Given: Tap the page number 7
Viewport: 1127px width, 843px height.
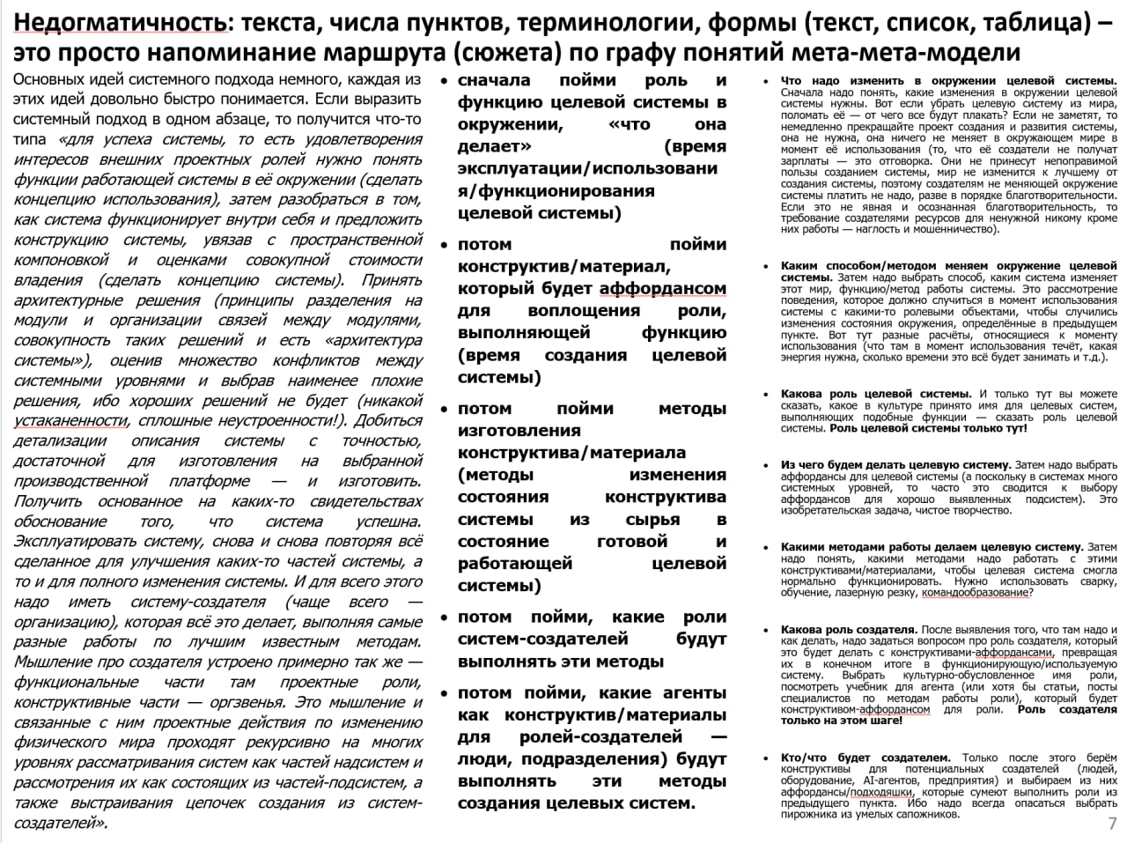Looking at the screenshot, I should (1112, 825).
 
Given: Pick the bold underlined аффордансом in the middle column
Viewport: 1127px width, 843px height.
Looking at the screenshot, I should (663, 289).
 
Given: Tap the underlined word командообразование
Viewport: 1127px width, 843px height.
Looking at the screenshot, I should (974, 593).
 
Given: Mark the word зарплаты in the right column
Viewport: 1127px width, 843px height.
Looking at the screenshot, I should (804, 161).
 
